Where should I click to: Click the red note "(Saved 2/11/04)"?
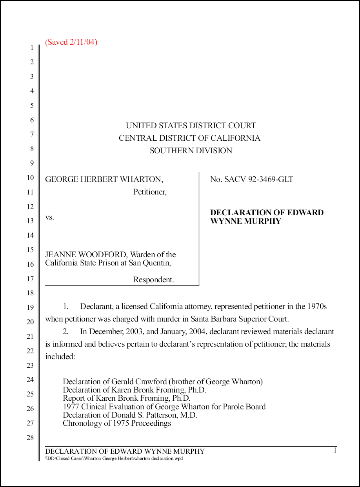[x=71, y=42]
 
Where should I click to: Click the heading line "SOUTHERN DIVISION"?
[x=191, y=151]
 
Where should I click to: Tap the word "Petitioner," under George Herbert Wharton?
[x=150, y=192]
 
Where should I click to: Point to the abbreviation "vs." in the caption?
[x=49, y=217]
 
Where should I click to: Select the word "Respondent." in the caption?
[x=153, y=280]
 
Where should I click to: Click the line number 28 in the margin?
[x=30, y=438]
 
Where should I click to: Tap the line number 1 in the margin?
[x=31, y=48]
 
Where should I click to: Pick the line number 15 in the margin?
[x=30, y=250]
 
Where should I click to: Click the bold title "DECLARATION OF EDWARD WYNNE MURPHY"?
[x=267, y=217]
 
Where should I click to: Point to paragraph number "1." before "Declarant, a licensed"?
[x=66, y=307]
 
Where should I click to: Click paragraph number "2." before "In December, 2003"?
[x=66, y=331]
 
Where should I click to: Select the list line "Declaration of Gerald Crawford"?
[x=162, y=382]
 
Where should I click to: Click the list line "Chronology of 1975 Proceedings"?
[x=117, y=423]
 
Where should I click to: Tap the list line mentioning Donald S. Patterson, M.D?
[x=130, y=415]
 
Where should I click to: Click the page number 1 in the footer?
[x=335, y=451]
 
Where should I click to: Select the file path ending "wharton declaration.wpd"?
[x=114, y=458]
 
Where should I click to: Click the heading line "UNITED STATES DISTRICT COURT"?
[x=191, y=126]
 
